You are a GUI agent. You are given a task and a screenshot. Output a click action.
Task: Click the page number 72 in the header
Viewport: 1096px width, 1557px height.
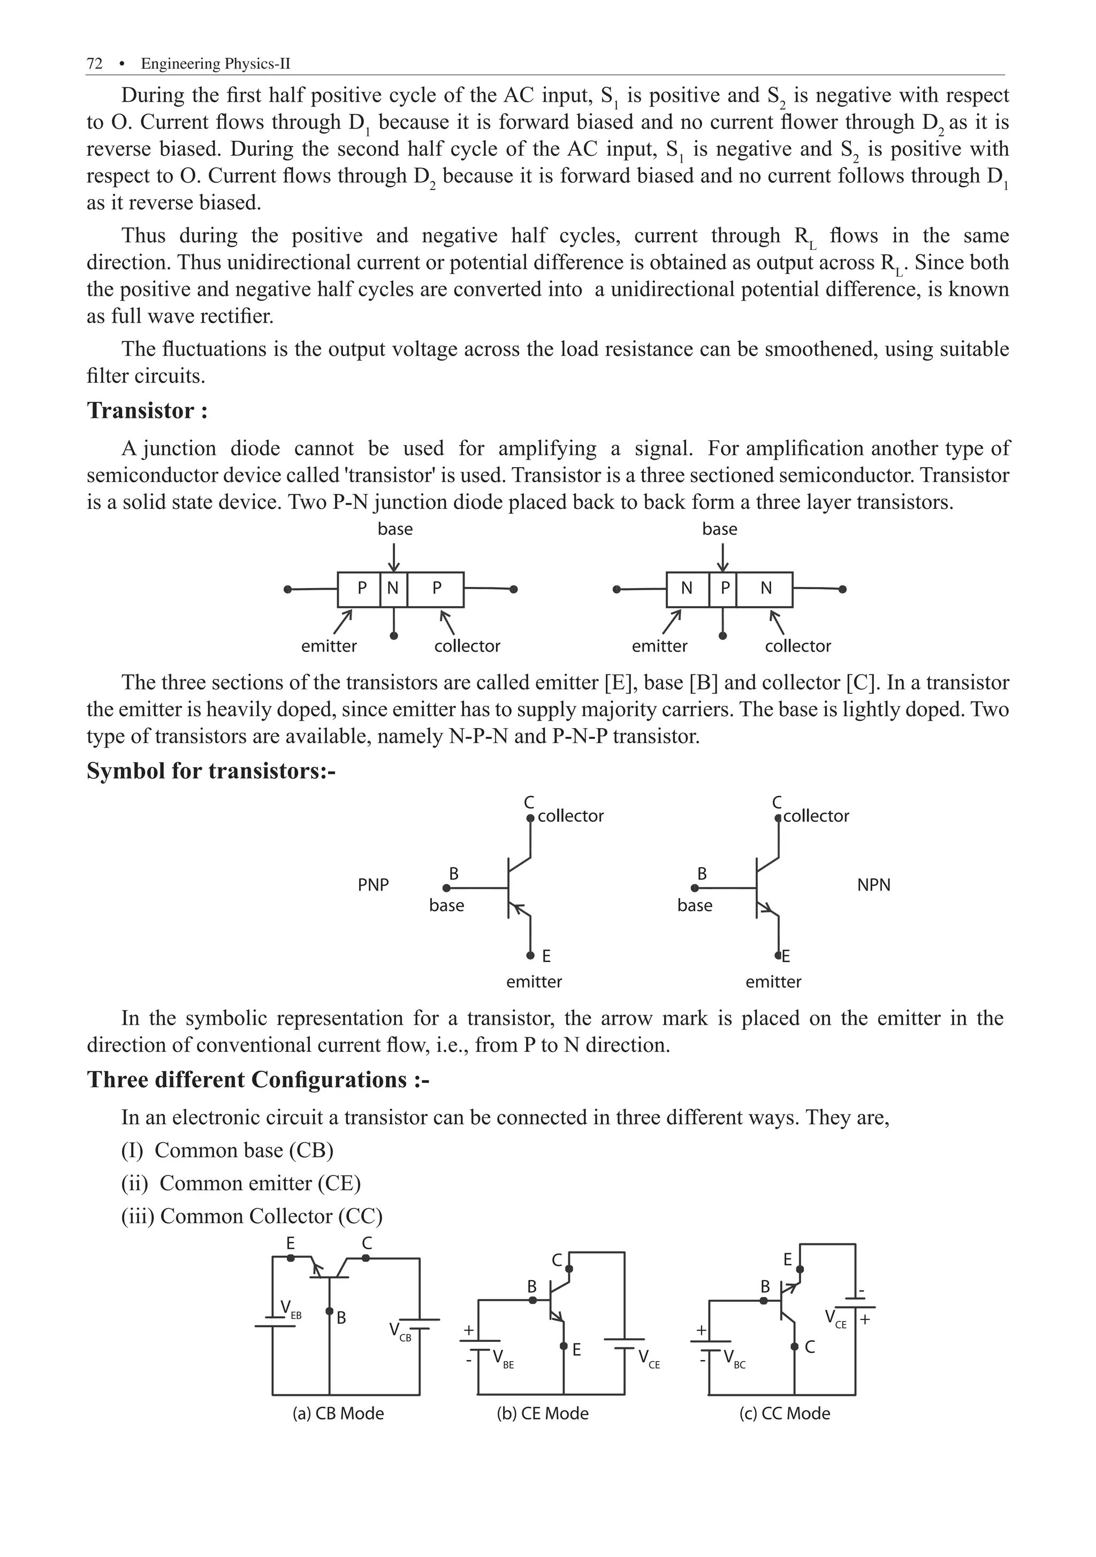pos(94,64)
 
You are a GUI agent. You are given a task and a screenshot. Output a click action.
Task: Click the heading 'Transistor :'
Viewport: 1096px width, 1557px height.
pos(147,411)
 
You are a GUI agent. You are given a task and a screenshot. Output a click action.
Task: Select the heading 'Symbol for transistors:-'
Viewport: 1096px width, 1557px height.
pos(211,771)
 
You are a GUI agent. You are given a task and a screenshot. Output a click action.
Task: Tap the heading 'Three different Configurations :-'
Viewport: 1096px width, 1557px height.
pos(258,1080)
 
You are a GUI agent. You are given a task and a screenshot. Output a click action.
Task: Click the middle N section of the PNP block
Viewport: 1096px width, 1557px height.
pos(393,588)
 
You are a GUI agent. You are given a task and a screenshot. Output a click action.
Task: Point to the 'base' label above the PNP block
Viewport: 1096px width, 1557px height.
pos(395,529)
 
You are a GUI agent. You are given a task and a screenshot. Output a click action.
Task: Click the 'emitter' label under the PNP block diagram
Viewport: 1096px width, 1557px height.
pos(329,646)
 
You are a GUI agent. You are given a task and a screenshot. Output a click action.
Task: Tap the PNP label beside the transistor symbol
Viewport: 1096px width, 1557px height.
pos(373,885)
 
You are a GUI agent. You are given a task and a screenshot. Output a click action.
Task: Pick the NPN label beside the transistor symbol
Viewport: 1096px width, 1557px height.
pos(873,885)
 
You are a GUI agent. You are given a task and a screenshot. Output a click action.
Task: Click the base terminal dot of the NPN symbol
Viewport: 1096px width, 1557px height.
pos(695,888)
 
